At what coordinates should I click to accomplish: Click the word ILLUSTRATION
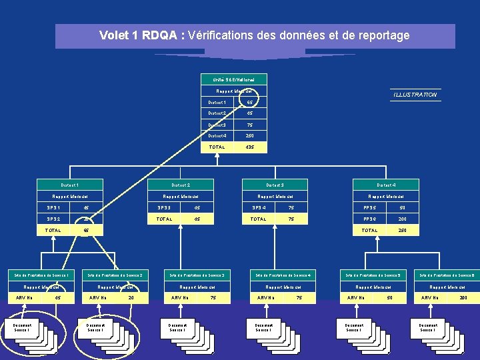pyautogui.click(x=415, y=95)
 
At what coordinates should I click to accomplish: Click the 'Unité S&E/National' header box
pyautogui.click(x=233, y=79)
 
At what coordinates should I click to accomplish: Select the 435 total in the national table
pyautogui.click(x=249, y=147)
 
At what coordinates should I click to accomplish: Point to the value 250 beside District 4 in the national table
pyautogui.click(x=249, y=135)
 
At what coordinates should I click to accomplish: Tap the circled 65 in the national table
pyautogui.click(x=249, y=103)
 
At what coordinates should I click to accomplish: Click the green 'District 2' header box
pyautogui.click(x=181, y=185)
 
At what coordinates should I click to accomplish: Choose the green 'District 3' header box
pyautogui.click(x=275, y=185)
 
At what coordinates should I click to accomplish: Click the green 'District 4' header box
pyautogui.click(x=386, y=185)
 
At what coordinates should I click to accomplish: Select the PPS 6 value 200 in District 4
pyautogui.click(x=403, y=219)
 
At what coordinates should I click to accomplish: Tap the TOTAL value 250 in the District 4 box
pyautogui.click(x=403, y=230)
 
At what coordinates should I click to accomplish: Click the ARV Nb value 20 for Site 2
pyautogui.click(x=131, y=298)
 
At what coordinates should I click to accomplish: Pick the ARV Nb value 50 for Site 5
pyautogui.click(x=390, y=298)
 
